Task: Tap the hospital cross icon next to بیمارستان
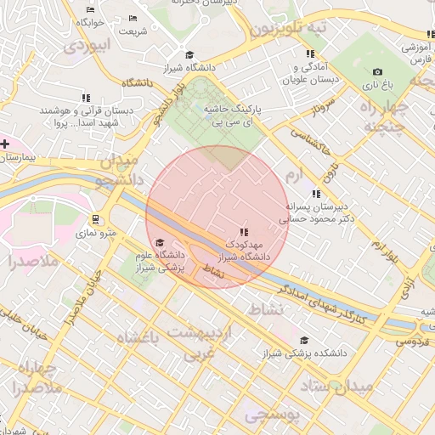5,144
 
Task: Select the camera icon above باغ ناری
377,72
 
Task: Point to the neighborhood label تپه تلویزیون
289,29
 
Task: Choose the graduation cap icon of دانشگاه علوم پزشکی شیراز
160,242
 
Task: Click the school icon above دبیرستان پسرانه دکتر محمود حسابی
316,194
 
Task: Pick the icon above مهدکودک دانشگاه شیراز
244,231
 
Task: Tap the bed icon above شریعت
132,19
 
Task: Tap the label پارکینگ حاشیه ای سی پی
232,116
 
